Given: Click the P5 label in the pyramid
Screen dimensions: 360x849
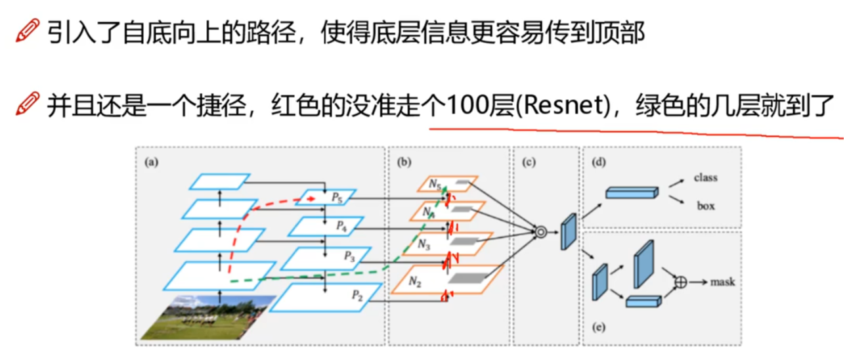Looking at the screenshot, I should tap(336, 196).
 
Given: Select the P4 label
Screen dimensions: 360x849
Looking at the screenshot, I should tap(341, 225).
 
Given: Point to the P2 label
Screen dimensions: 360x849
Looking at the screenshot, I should tap(357, 296).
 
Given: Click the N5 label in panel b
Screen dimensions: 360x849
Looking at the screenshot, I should tap(435, 185).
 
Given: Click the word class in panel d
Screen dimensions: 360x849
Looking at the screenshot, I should tap(705, 177).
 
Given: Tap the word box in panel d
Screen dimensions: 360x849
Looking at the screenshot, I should tap(706, 206).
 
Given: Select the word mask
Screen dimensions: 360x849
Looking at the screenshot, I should tap(722, 282).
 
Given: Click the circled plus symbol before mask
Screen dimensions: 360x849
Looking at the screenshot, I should tap(681, 282).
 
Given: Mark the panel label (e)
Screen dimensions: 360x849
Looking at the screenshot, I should tap(597, 326).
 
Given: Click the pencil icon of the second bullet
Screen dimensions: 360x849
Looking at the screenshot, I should tap(27, 105).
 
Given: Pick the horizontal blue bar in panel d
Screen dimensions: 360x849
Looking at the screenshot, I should tap(630, 192).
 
